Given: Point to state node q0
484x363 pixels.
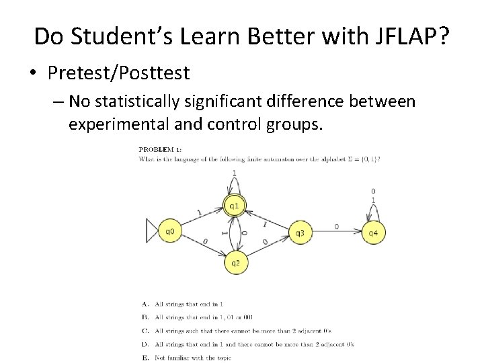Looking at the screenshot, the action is click(170, 232).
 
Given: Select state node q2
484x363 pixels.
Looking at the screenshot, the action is click(235, 263).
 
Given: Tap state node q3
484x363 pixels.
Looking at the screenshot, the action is click(300, 233).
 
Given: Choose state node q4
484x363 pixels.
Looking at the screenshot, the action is click(373, 233).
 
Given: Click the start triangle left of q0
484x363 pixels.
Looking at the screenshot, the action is click(152, 232).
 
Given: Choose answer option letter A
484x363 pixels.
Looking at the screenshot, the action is click(145, 305).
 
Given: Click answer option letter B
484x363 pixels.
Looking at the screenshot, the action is click(145, 317).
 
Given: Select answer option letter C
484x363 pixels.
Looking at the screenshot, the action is click(145, 331).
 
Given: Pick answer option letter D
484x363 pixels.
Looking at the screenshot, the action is click(145, 344).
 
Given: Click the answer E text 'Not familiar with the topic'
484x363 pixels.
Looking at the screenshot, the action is click(193, 358).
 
